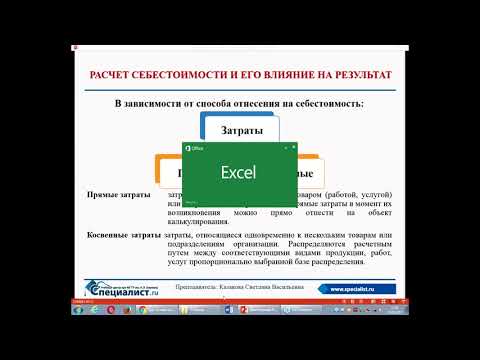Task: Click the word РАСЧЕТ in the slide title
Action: [113, 76]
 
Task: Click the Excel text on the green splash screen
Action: [239, 171]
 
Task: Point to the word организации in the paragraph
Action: [267, 245]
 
